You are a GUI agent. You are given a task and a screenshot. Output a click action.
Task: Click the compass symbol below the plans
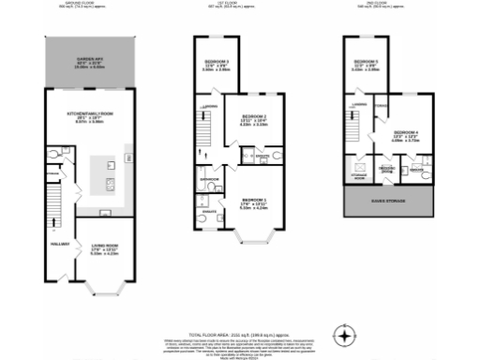(347, 335)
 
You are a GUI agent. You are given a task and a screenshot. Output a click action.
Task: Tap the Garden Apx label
(90, 62)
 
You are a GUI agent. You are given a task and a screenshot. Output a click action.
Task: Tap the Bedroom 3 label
(217, 66)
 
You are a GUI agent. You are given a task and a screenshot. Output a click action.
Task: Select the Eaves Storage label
(390, 199)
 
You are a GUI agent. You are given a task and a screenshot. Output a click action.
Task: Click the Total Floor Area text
(239, 308)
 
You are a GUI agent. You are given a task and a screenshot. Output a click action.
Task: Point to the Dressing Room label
(385, 170)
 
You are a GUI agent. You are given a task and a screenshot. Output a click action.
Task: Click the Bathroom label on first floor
(209, 178)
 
